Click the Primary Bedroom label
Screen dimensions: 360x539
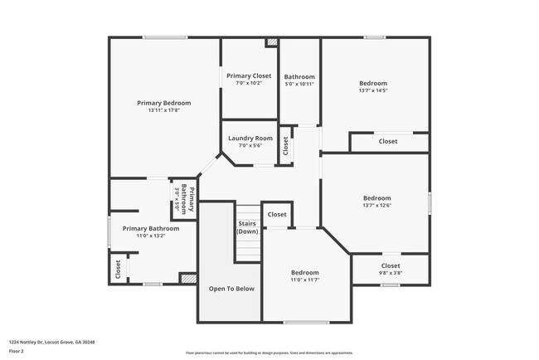click(x=163, y=103)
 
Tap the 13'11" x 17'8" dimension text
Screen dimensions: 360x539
click(x=163, y=110)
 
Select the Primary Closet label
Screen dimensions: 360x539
click(x=249, y=75)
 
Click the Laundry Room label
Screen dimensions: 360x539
click(x=251, y=138)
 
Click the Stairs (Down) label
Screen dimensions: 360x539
click(x=247, y=227)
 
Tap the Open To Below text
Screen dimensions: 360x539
click(x=231, y=289)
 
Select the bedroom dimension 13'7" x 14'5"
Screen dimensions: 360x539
click(x=372, y=90)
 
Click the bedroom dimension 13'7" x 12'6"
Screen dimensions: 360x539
click(x=376, y=206)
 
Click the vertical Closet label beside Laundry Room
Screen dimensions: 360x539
click(x=285, y=146)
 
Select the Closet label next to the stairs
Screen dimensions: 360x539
click(x=276, y=214)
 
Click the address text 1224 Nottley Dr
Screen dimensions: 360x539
click(x=52, y=342)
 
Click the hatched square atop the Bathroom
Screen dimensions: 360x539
click(x=270, y=42)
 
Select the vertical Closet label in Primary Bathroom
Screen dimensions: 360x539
click(x=118, y=270)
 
